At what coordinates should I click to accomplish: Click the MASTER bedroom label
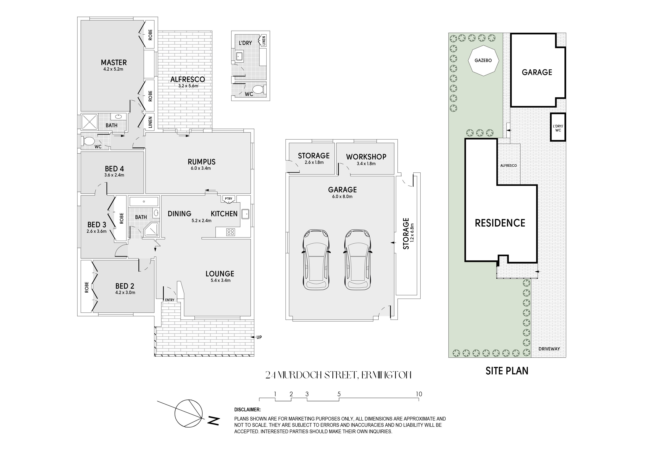(x=114, y=62)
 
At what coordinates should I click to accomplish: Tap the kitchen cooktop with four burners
(x=231, y=232)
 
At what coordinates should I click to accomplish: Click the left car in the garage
(x=316, y=260)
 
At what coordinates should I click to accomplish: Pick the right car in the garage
(x=357, y=260)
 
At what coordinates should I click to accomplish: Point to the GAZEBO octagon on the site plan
(x=483, y=60)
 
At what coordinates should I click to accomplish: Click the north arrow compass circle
(x=188, y=413)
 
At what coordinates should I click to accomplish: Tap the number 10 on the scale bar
(x=419, y=394)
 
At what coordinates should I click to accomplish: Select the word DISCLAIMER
(x=247, y=410)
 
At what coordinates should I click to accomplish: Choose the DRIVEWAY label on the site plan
(x=549, y=349)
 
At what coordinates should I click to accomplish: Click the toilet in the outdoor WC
(x=260, y=89)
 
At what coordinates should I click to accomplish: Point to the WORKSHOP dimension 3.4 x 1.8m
(x=366, y=163)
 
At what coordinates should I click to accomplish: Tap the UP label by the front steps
(x=259, y=337)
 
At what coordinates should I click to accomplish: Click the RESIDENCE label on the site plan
(x=500, y=223)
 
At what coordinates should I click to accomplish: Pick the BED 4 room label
(x=114, y=169)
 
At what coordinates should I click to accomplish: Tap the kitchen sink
(x=245, y=214)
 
